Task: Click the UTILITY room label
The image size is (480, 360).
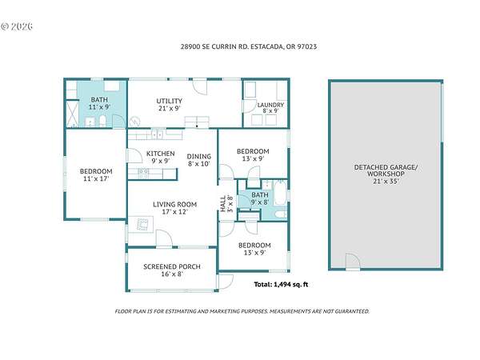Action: pyautogui.click(x=170, y=101)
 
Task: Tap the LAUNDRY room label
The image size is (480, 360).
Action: pyautogui.click(x=270, y=105)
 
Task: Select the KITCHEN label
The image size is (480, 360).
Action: pyautogui.click(x=161, y=154)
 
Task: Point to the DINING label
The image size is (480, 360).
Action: pyautogui.click(x=199, y=156)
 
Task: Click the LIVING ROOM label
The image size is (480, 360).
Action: pyautogui.click(x=174, y=204)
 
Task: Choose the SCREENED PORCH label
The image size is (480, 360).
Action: pyautogui.click(x=172, y=266)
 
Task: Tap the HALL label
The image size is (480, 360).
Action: pyautogui.click(x=223, y=203)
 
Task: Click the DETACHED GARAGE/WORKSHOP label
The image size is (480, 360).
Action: pyautogui.click(x=386, y=170)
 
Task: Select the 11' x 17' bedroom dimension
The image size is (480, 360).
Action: pyautogui.click(x=96, y=178)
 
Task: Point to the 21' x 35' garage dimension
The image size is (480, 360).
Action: pyautogui.click(x=386, y=181)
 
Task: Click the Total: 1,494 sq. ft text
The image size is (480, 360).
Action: pyautogui.click(x=281, y=284)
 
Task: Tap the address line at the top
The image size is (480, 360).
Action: pyautogui.click(x=249, y=46)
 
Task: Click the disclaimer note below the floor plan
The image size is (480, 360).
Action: pyautogui.click(x=242, y=311)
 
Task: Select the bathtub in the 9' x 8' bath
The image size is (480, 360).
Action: pyautogui.click(x=280, y=193)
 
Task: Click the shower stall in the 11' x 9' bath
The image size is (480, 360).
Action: pyautogui.click(x=73, y=114)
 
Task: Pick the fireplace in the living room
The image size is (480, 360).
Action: pyautogui.click(x=141, y=224)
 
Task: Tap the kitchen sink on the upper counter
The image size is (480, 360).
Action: pyautogui.click(x=158, y=134)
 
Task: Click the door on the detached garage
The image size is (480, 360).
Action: pyautogui.click(x=353, y=262)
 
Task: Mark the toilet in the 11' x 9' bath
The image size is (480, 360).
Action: pyautogui.click(x=102, y=122)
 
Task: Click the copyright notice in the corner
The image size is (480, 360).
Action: pyautogui.click(x=17, y=26)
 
